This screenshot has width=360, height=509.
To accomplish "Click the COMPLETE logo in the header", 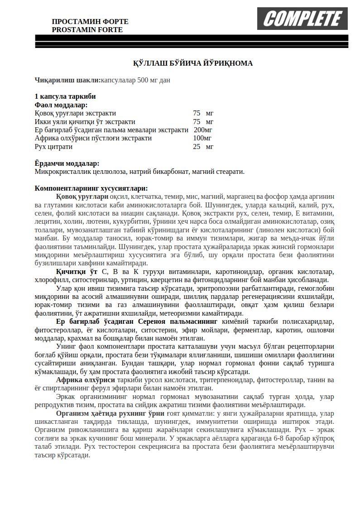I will (x=302, y=19).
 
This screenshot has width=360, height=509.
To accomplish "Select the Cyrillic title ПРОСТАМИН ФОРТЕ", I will (x=90, y=21).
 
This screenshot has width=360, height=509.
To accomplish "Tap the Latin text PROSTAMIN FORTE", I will (x=87, y=29).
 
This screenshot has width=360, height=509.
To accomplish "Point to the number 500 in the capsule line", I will (x=144, y=80).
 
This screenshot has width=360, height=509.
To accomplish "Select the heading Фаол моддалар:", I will (x=61, y=105).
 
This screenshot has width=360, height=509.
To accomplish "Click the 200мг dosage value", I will (x=202, y=130).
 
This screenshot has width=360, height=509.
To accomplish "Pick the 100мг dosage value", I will (x=202, y=138).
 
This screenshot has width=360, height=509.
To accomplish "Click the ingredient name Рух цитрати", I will (x=53, y=147).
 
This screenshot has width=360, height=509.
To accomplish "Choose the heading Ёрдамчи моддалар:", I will (x=67, y=163).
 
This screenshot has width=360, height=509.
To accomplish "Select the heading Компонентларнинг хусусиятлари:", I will (x=91, y=188).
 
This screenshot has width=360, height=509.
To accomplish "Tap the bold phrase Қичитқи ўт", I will (x=77, y=272).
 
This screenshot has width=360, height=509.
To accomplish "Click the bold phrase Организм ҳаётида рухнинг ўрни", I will (x=110, y=413).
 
